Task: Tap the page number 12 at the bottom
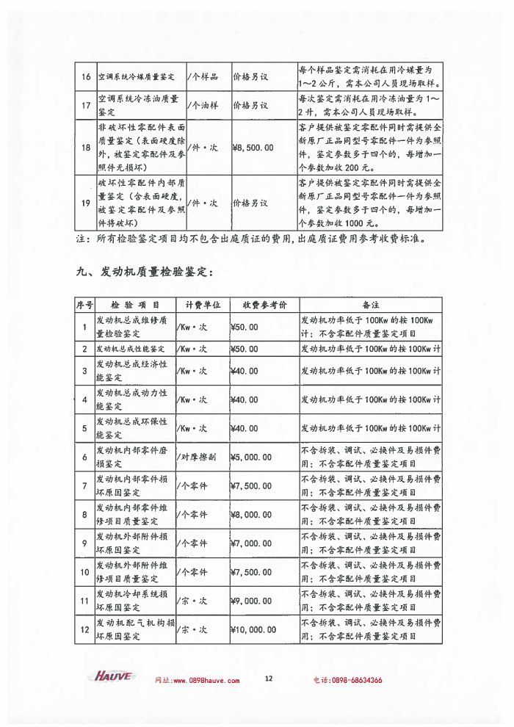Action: [269, 678]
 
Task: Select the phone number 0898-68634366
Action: [354, 680]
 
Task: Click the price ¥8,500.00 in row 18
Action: [253, 148]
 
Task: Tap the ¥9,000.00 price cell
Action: [252, 601]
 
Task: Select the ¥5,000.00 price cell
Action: [252, 457]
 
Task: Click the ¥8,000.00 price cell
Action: [252, 514]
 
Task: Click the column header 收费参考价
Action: [258, 304]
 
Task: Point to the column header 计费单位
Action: [198, 304]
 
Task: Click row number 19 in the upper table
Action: [85, 203]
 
